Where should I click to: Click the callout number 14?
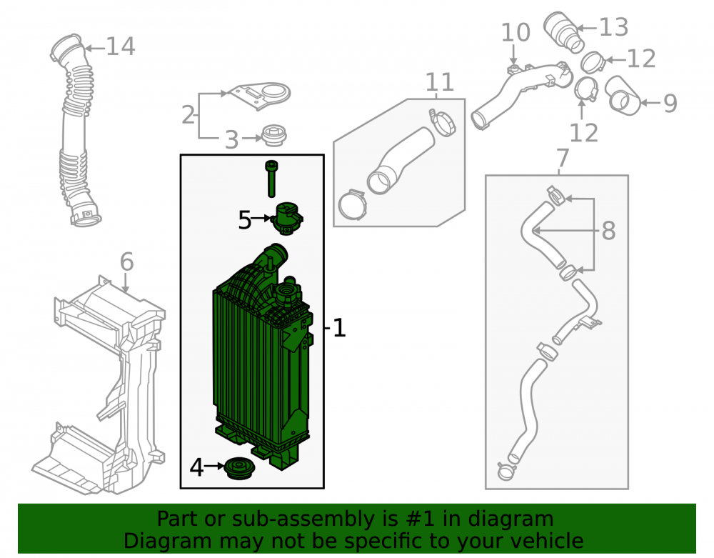click(x=121, y=46)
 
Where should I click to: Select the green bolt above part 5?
click(x=271, y=179)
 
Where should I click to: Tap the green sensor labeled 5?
click(x=287, y=219)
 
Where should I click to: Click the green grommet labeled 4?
click(x=239, y=468)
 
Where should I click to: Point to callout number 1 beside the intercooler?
click(x=339, y=328)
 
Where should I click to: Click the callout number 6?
click(x=126, y=262)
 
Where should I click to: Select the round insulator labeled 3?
click(x=274, y=135)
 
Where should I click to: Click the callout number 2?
click(x=188, y=115)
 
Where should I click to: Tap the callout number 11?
click(x=439, y=82)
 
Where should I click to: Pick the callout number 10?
click(x=516, y=32)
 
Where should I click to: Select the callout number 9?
click(x=670, y=104)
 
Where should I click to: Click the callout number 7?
click(x=563, y=158)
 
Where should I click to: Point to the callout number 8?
click(x=609, y=231)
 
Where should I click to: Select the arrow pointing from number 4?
click(x=214, y=467)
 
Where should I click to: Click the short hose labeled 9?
click(x=622, y=95)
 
